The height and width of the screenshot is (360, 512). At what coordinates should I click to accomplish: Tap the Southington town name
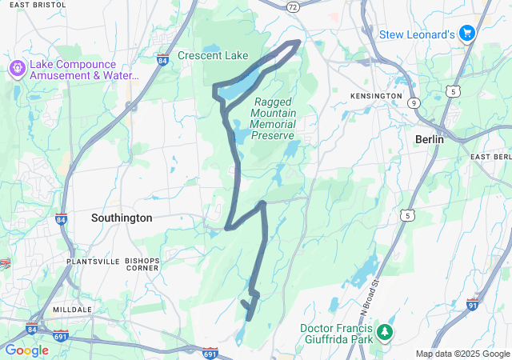click(x=122, y=218)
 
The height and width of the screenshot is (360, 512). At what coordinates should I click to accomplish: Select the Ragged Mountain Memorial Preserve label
click(x=273, y=118)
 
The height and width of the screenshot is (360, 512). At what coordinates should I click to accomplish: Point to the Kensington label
click(x=376, y=96)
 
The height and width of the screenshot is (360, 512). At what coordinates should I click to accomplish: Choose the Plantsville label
click(x=93, y=262)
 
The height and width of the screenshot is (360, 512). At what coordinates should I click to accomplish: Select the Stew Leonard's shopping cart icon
click(x=467, y=34)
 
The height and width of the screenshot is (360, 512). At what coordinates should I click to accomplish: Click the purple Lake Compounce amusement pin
click(x=16, y=69)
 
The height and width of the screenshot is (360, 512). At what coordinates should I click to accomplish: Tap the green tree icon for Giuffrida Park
click(x=386, y=331)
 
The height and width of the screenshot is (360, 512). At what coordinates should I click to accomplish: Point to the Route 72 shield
click(x=294, y=6)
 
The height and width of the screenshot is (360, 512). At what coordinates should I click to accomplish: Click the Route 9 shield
click(x=414, y=103)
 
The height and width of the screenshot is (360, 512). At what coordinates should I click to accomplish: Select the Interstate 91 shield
click(x=473, y=305)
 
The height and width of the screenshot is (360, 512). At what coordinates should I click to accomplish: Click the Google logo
click(x=26, y=350)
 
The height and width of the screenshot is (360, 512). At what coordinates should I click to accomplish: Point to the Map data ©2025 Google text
click(x=462, y=354)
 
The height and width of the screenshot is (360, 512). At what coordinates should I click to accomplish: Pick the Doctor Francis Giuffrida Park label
click(x=337, y=335)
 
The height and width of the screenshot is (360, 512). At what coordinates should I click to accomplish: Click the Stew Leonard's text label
click(x=417, y=34)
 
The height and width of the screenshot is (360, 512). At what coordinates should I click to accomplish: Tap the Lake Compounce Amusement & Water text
click(x=83, y=70)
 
